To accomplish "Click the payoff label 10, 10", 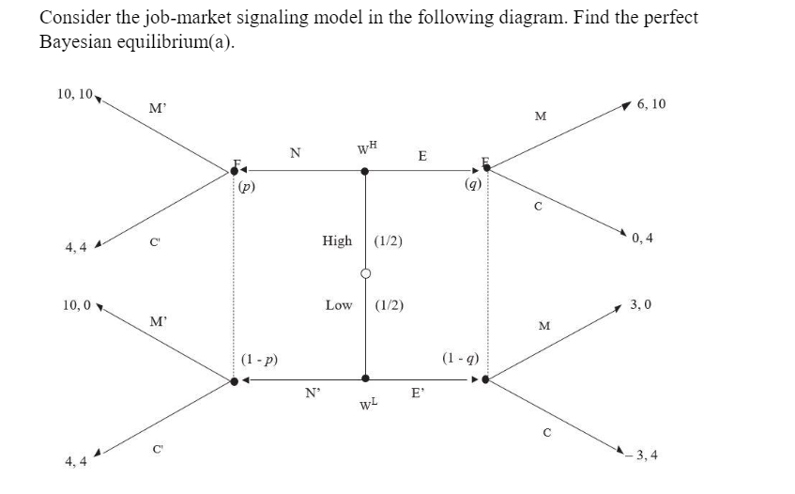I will [x=74, y=94].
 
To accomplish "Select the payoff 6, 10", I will [x=650, y=103].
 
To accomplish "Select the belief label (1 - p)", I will [x=258, y=359].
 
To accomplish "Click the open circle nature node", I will [x=365, y=273].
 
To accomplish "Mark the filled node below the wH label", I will [x=365, y=171].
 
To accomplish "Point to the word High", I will [x=337, y=240].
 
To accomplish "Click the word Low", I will [x=338, y=305].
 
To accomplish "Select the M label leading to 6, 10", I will [x=539, y=116].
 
